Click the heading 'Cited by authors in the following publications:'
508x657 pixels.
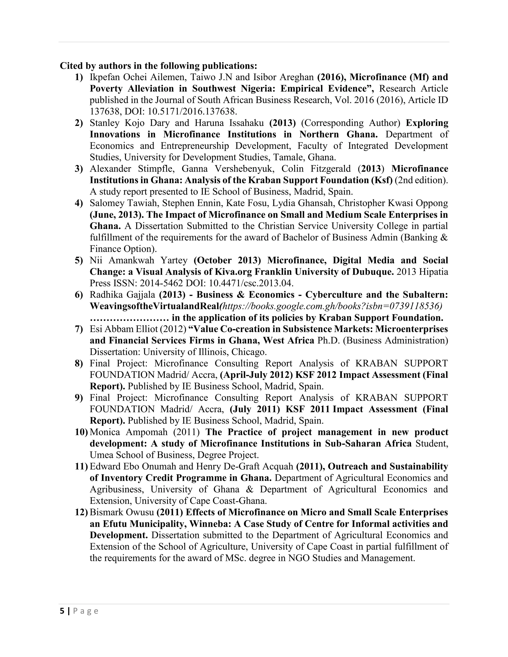[158, 66]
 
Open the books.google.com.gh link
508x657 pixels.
[330, 306]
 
